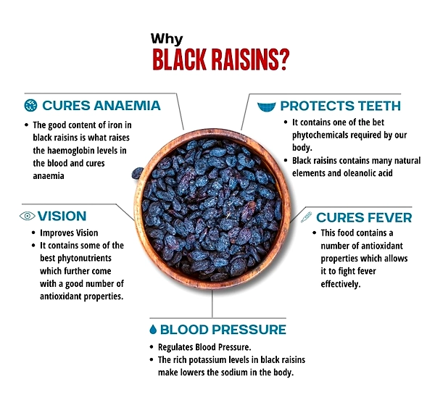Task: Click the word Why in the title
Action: click(x=167, y=39)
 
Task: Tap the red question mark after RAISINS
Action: click(x=283, y=59)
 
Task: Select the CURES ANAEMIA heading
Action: click(x=101, y=106)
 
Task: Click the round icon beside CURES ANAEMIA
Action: click(x=30, y=106)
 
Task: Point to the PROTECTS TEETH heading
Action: click(x=341, y=106)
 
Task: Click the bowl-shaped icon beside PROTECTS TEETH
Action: click(x=267, y=107)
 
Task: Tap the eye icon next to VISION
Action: click(x=28, y=216)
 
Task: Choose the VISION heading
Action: click(x=62, y=216)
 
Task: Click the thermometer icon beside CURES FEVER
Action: click(x=306, y=217)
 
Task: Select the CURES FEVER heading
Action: click(x=364, y=217)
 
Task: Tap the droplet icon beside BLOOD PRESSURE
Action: click(x=153, y=329)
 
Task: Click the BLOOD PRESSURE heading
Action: click(x=223, y=330)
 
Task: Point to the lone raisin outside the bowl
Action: click(x=137, y=173)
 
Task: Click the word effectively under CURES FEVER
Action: click(x=341, y=284)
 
